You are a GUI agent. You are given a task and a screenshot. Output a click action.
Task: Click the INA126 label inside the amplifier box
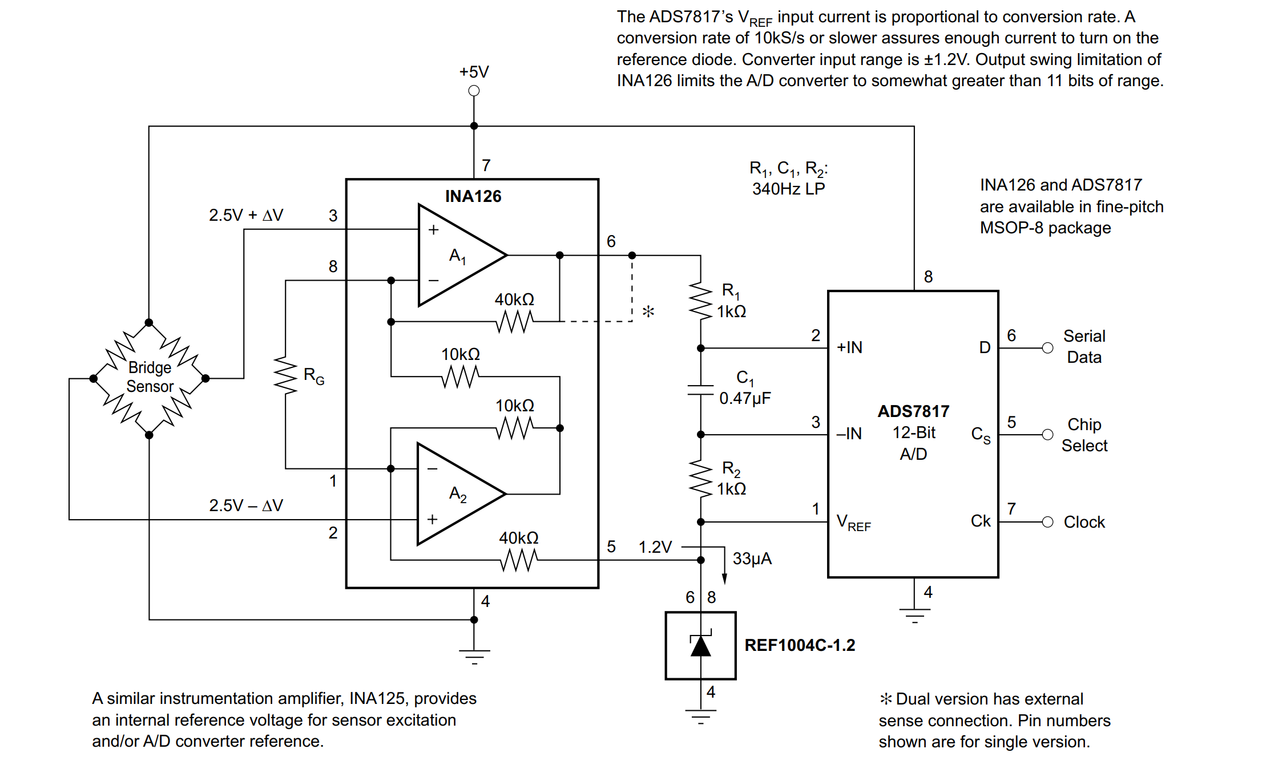(x=473, y=196)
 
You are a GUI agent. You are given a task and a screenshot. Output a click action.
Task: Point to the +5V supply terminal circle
(x=474, y=91)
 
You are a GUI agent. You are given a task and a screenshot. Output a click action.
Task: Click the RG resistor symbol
(x=285, y=375)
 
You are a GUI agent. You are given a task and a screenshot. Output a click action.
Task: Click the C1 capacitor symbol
(x=700, y=390)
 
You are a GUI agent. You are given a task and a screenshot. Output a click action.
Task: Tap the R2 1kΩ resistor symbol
(x=700, y=478)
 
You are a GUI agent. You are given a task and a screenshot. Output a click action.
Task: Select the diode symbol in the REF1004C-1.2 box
(x=700, y=645)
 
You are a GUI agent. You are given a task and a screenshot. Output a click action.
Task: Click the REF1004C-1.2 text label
(x=800, y=645)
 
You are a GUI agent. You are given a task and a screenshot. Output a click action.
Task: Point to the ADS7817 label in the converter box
(x=913, y=411)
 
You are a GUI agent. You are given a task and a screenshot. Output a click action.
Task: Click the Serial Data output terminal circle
(x=1047, y=348)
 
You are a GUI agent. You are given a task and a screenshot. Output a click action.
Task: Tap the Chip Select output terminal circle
(x=1047, y=435)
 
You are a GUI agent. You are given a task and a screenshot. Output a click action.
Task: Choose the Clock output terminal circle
(x=1047, y=522)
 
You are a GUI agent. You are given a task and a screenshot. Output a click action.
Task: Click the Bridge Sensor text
(x=150, y=377)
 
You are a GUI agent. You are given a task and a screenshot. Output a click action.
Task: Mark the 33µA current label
(x=752, y=558)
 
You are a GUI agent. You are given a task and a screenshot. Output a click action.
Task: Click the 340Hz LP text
(x=788, y=189)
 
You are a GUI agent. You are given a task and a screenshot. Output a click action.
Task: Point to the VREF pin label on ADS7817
(x=853, y=522)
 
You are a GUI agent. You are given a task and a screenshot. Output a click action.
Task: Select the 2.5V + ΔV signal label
(x=246, y=215)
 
